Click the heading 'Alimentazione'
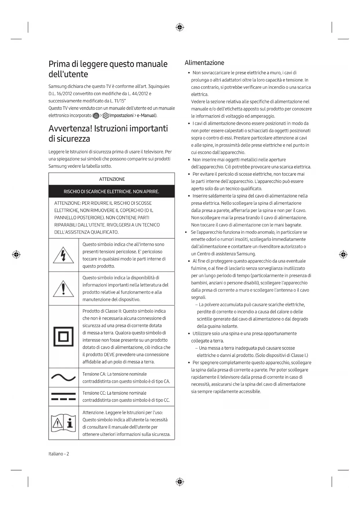(204, 63)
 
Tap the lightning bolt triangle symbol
(63, 255)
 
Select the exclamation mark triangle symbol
(63, 289)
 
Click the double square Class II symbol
(63, 337)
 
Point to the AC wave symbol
(63, 378)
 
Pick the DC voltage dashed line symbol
(63, 396)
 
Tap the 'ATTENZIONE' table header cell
(112, 179)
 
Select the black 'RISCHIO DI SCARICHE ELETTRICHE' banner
(112, 192)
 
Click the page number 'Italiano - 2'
(59, 454)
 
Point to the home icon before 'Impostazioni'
(96, 116)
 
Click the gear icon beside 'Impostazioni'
(106, 116)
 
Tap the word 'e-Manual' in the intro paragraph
(146, 115)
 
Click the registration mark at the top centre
(180, 28)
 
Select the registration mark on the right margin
(343, 255)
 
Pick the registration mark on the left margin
(16, 255)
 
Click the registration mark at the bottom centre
(180, 482)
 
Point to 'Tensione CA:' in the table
(94, 374)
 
